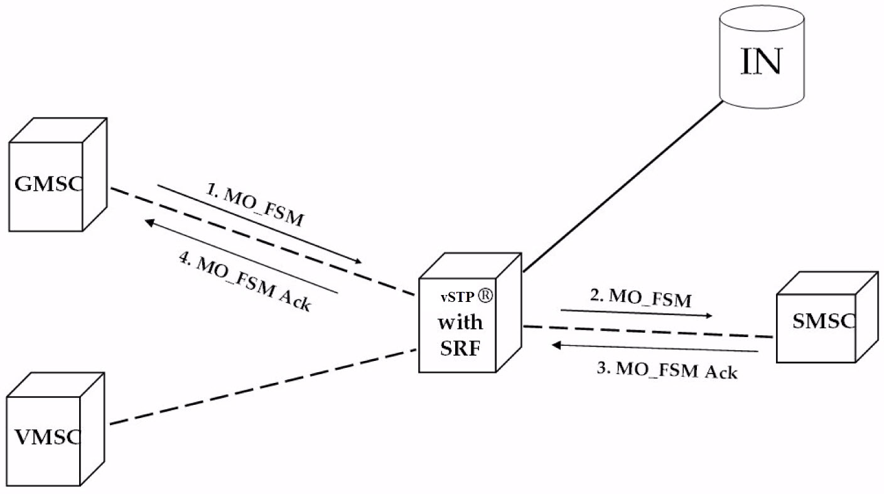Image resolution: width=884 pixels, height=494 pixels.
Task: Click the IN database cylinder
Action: click(x=762, y=60)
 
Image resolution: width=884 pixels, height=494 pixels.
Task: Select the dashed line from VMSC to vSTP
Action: click(x=264, y=387)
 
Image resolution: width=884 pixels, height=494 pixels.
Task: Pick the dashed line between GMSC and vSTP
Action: click(x=264, y=242)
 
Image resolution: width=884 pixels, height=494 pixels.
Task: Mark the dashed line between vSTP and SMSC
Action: click(x=647, y=332)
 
